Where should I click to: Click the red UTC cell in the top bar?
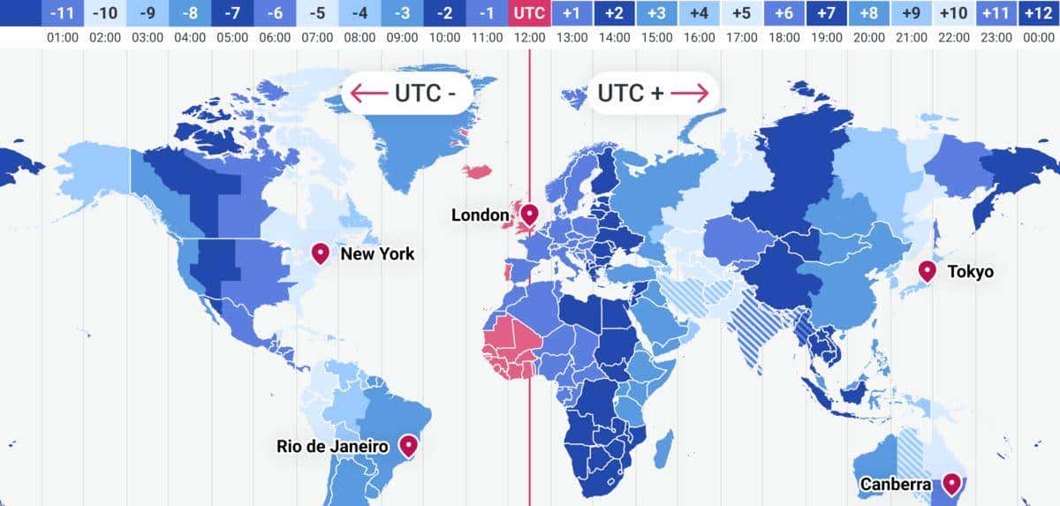[x=529, y=13]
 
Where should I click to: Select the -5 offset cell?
[x=317, y=13]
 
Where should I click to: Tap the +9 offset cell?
[x=911, y=13]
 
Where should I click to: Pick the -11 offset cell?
[x=63, y=13]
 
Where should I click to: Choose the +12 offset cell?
[x=1038, y=13]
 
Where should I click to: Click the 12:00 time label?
[x=529, y=38]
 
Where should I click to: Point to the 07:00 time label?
[x=317, y=38]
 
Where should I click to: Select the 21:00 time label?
[x=911, y=38]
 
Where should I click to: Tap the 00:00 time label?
[x=1038, y=38]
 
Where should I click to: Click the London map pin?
[x=530, y=214]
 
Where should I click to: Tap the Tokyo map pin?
[x=927, y=270]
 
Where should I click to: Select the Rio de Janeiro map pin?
[x=408, y=444]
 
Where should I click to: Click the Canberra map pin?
[x=951, y=483]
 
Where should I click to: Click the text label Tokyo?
[x=970, y=272]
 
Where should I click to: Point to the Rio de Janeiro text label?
[x=332, y=447]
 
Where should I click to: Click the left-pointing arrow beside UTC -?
[x=369, y=93]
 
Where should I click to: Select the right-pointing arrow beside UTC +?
[x=690, y=93]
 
